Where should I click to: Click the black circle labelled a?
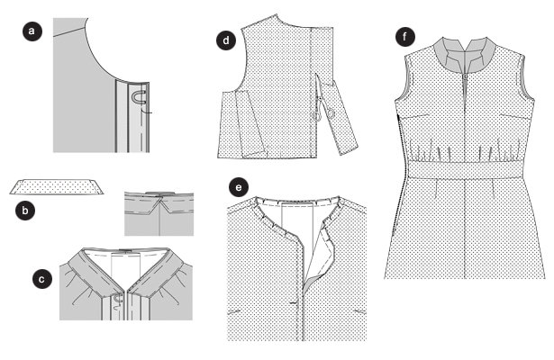pos(32,31)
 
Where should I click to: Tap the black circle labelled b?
pos(25,211)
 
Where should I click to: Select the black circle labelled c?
pos(42,279)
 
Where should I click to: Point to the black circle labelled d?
pos(226,40)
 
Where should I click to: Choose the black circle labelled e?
pos(239,187)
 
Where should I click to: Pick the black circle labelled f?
pos(404,36)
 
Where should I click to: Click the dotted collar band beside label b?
pos(57,186)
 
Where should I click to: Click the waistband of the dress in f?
pos(465,169)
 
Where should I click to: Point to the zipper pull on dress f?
pos(465,76)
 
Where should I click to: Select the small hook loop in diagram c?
pos(118,300)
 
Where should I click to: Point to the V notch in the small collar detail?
pos(160,203)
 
